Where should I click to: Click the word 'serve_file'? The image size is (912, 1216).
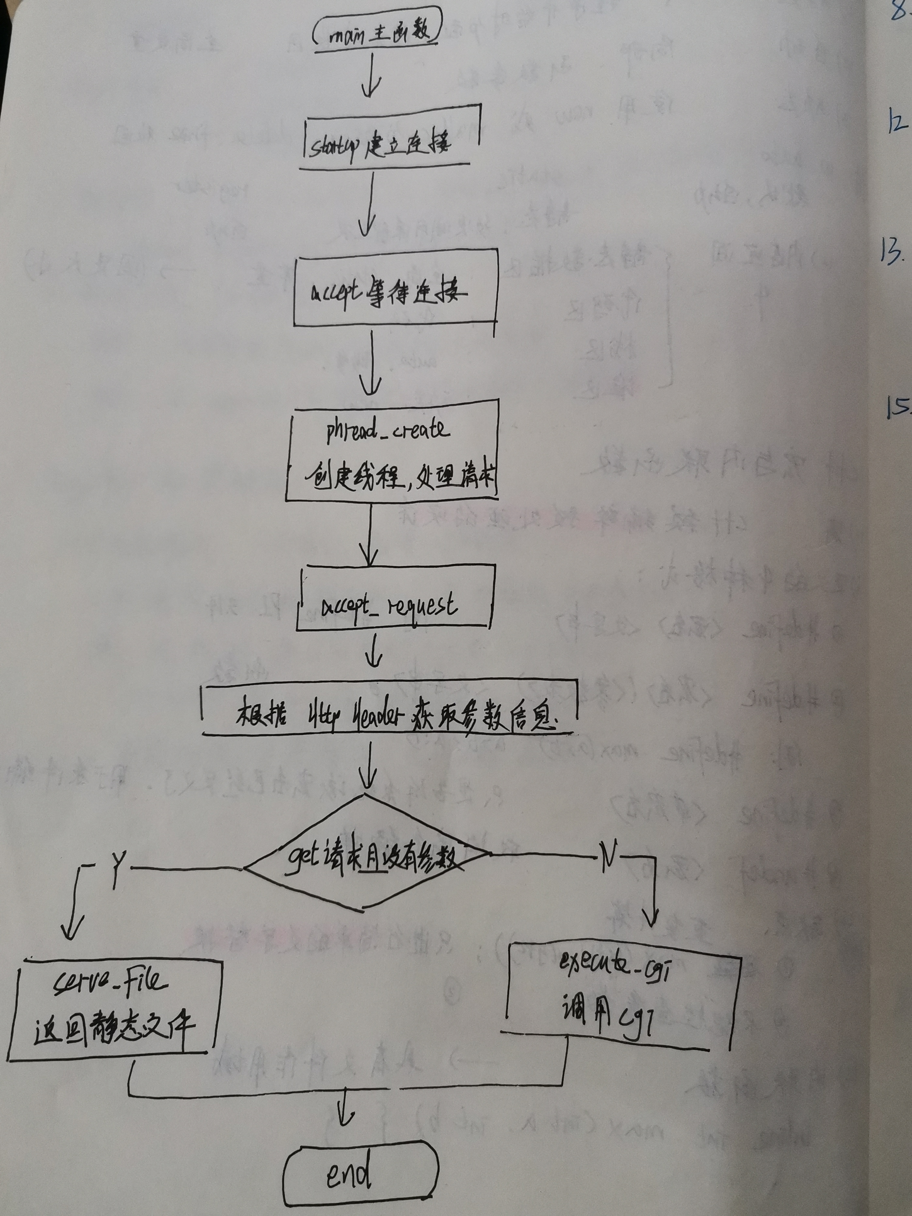(x=110, y=983)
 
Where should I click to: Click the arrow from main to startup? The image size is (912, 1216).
(x=371, y=77)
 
